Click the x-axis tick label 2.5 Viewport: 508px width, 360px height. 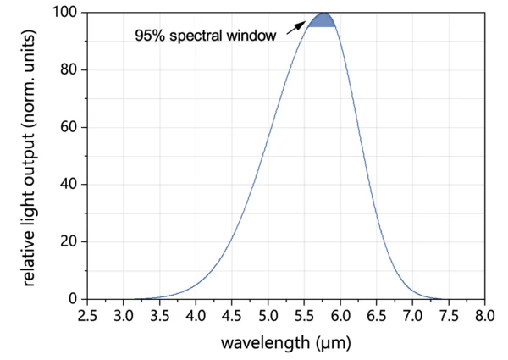tap(87, 316)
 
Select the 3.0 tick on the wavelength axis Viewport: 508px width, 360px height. tap(124, 316)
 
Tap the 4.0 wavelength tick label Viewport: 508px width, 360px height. tap(196, 316)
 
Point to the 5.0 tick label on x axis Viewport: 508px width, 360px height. tap(268, 316)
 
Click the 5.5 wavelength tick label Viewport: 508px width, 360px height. tap(304, 316)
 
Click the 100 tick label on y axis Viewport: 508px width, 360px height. tap(66, 13)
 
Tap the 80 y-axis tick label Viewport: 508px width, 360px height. tap(69, 70)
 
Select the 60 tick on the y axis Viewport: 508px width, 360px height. tap(69, 127)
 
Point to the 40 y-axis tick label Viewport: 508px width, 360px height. tap(69, 185)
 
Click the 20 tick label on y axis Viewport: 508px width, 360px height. tap(69, 242)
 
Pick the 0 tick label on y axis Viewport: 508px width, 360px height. tap(73, 299)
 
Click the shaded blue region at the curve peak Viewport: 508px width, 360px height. tap(322, 20)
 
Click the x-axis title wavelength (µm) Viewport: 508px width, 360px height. tap(285, 343)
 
